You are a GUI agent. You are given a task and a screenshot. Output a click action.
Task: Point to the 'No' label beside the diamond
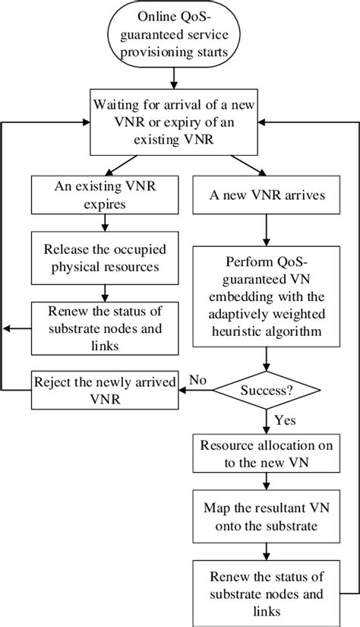(197, 378)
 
